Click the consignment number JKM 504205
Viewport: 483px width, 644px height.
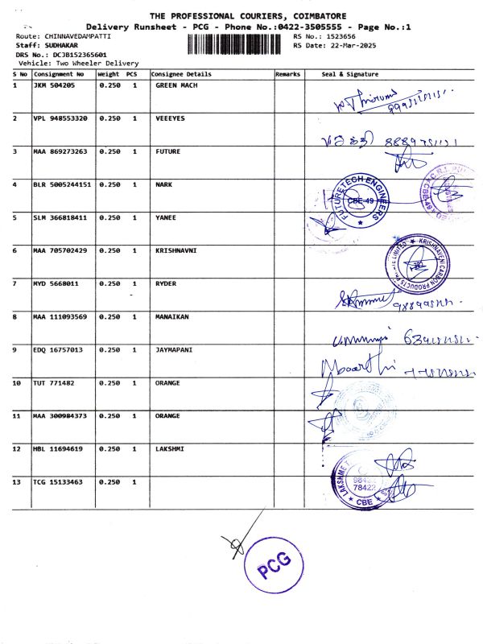(x=53, y=85)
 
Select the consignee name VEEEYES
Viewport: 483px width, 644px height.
(x=169, y=118)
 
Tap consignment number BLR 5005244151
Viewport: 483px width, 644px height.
(x=62, y=184)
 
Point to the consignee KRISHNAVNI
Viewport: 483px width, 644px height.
(x=175, y=250)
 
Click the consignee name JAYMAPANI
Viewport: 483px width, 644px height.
(x=173, y=350)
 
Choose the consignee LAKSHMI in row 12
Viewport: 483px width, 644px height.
(x=169, y=449)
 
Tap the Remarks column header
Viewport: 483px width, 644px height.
(x=287, y=74)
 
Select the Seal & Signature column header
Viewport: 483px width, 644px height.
(x=349, y=74)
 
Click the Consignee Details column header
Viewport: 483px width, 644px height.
(x=181, y=74)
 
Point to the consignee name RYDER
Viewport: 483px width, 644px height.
(x=165, y=284)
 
